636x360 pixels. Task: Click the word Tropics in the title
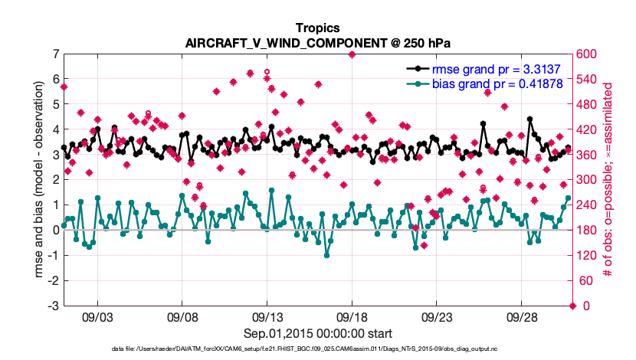(317, 28)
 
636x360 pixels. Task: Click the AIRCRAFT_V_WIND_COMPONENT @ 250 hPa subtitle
(317, 42)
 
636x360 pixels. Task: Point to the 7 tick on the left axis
(56, 54)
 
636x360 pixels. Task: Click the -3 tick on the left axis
(54, 306)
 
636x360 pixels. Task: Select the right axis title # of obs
(608, 179)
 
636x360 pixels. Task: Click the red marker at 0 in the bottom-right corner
(572, 306)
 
